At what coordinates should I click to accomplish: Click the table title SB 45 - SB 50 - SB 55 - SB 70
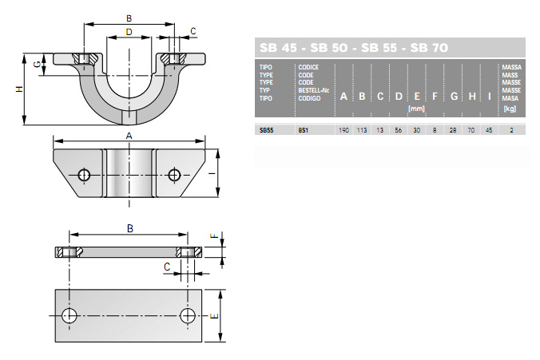[x=354, y=48]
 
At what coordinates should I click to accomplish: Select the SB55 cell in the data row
[x=266, y=130]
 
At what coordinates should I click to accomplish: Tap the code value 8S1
[x=303, y=130]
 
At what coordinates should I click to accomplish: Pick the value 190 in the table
[x=343, y=130]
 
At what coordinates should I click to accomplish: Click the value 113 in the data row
[x=362, y=130]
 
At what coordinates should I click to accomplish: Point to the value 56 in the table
[x=399, y=130]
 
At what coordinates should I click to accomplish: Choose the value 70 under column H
[x=471, y=130]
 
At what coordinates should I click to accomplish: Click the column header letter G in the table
[x=454, y=97]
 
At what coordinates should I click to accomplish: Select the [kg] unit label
[x=510, y=109]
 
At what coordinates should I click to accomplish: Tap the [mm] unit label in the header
[x=416, y=109]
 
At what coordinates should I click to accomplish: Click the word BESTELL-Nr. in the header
[x=314, y=90]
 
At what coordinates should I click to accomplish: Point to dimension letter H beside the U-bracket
[x=20, y=89]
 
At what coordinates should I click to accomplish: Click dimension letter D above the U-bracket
[x=129, y=32]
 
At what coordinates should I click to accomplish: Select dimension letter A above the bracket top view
[x=129, y=136]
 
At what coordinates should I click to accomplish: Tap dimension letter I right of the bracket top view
[x=212, y=173]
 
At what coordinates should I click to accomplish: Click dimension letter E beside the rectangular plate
[x=214, y=315]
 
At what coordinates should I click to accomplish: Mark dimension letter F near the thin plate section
[x=214, y=235]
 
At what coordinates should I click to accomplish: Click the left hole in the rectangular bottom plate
[x=69, y=315]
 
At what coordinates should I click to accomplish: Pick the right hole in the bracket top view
[x=174, y=175]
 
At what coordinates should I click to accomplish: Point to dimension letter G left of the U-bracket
[x=38, y=64]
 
